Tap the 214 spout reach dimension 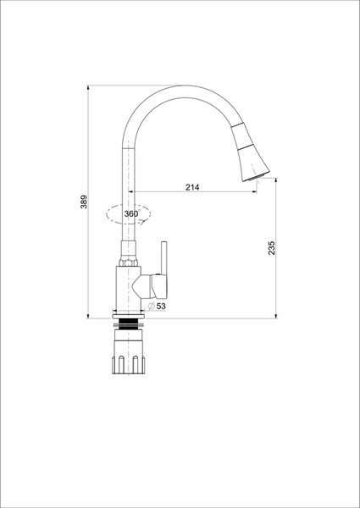click(x=191, y=187)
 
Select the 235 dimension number click(x=271, y=248)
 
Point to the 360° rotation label click(x=130, y=214)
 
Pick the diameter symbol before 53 click(x=151, y=306)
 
